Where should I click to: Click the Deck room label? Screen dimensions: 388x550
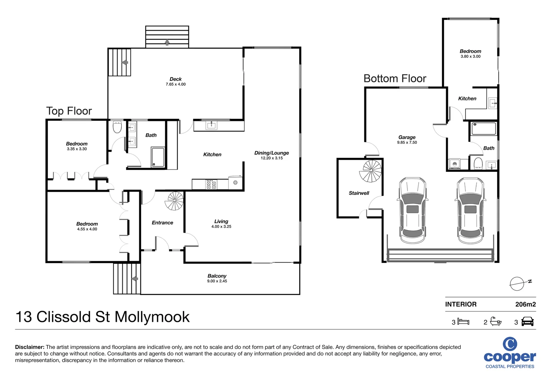pyautogui.click(x=176, y=79)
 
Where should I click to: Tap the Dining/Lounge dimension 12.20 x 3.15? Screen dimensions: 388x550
pyautogui.click(x=271, y=158)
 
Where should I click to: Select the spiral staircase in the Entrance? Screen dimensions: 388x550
pyautogui.click(x=175, y=201)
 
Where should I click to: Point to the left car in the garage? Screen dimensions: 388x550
pyautogui.click(x=412, y=211)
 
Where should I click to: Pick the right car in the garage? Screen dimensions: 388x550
pyautogui.click(x=470, y=211)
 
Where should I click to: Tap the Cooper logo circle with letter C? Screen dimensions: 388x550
pyautogui.click(x=510, y=344)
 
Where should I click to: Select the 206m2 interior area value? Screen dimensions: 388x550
pyautogui.click(x=525, y=304)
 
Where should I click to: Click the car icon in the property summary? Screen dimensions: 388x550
pyautogui.click(x=527, y=322)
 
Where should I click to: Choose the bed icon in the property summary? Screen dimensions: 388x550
pyautogui.click(x=463, y=322)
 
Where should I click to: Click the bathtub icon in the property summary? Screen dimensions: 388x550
pyautogui.click(x=496, y=321)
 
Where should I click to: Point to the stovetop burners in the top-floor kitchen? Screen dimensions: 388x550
pyautogui.click(x=211, y=184)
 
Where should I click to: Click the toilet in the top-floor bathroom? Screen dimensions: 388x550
pyautogui.click(x=117, y=127)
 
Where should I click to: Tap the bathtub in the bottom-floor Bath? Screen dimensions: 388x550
pyautogui.click(x=484, y=129)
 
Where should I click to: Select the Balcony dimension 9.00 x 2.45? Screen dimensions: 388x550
pyautogui.click(x=217, y=281)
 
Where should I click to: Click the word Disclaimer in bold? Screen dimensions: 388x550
pyautogui.click(x=30, y=347)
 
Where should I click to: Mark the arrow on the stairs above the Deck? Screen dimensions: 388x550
pyautogui.click(x=167, y=42)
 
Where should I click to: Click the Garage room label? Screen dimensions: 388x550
pyautogui.click(x=407, y=137)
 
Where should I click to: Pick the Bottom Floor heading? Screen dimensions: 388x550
pyautogui.click(x=395, y=78)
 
